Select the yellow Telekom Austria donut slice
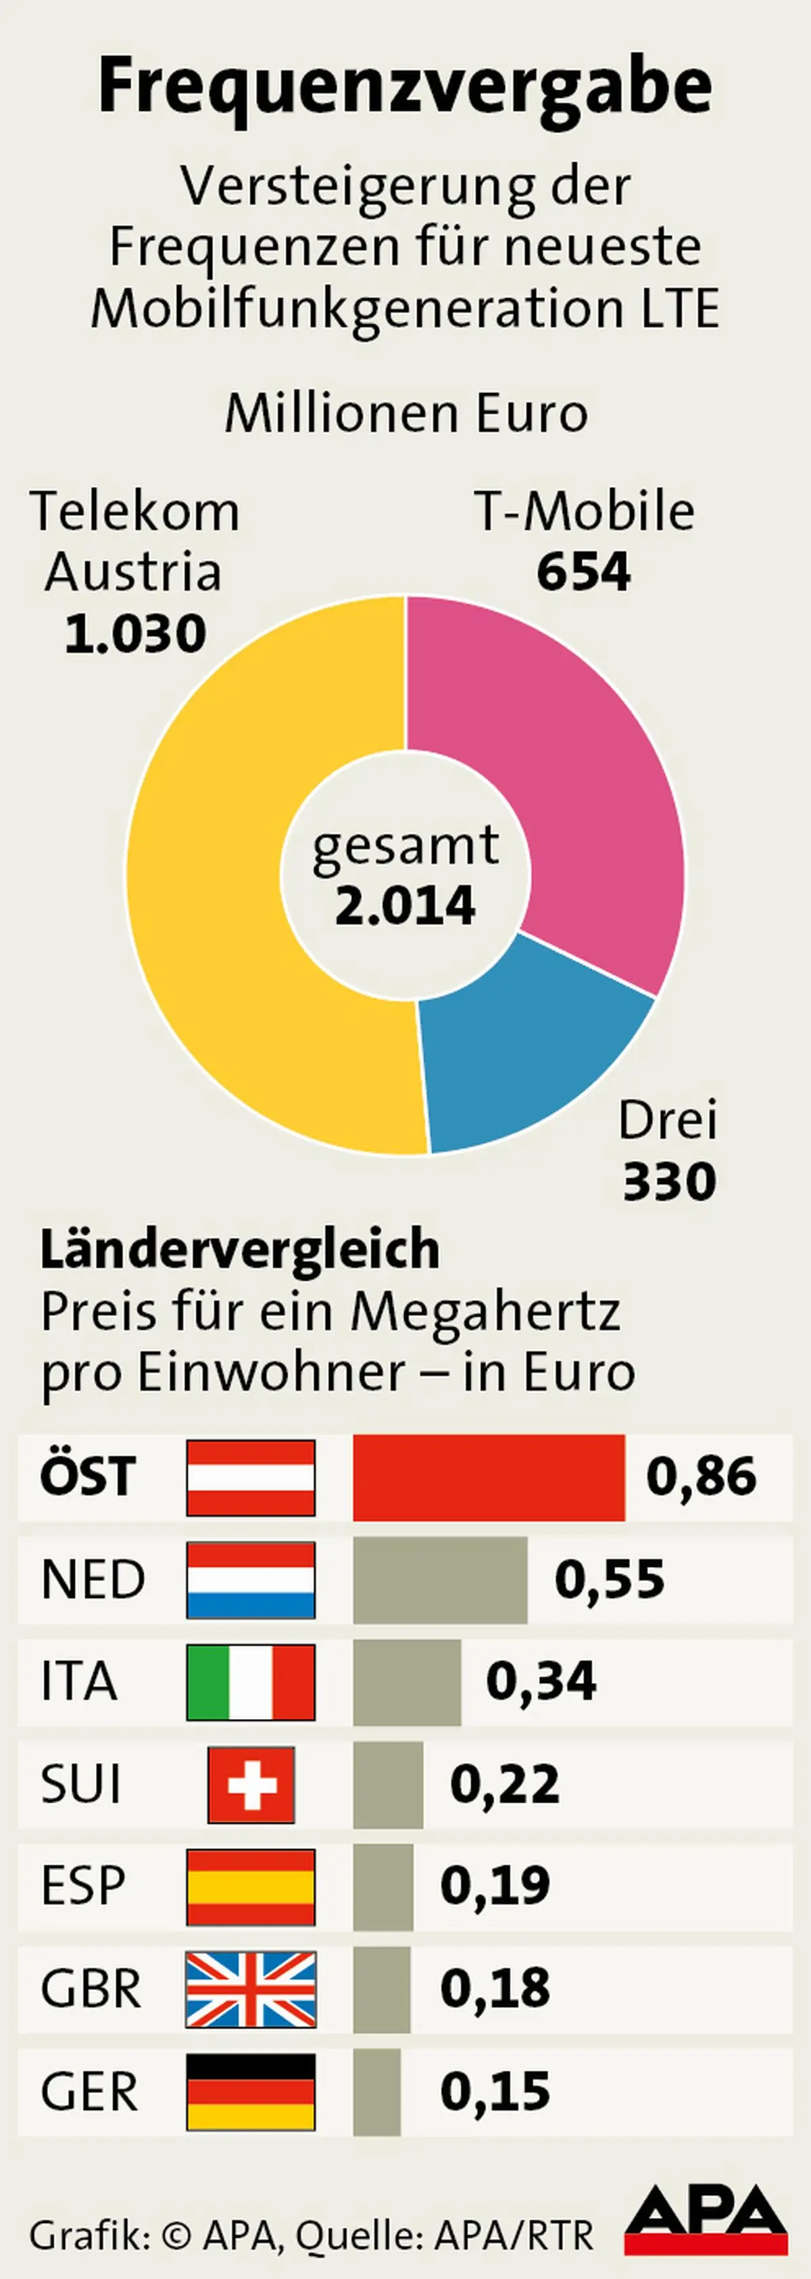[x=208, y=885]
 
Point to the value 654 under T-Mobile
[x=584, y=572]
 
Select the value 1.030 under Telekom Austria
[x=135, y=634]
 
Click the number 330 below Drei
[x=668, y=1182]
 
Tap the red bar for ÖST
[x=488, y=1478]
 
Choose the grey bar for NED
[x=439, y=1579]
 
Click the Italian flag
[x=250, y=1682]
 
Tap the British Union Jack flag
[x=250, y=1989]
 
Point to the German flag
[x=250, y=2092]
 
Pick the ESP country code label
[x=83, y=1886]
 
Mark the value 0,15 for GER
[x=495, y=2092]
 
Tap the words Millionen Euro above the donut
[x=405, y=413]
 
